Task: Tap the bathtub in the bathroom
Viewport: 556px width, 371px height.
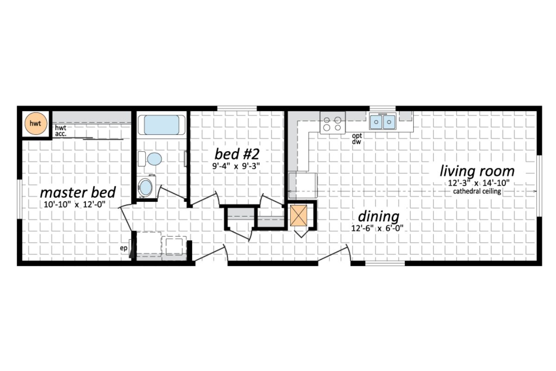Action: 162,125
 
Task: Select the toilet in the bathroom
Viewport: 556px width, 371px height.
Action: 153,159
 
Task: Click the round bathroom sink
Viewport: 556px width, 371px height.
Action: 147,188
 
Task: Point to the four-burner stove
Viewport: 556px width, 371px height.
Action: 332,123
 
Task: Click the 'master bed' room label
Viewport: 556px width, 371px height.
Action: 78,192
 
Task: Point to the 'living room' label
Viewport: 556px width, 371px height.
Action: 477,171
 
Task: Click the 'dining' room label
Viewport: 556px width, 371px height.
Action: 378,216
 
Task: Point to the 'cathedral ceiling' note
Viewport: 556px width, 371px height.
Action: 477,191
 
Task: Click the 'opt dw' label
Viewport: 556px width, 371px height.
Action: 356,139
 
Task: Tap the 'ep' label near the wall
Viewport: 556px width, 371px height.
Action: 123,248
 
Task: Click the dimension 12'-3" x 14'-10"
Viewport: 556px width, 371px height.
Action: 477,183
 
